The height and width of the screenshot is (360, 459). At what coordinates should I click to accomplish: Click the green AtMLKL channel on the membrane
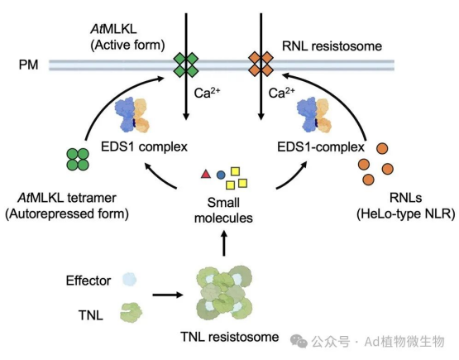coord(186,65)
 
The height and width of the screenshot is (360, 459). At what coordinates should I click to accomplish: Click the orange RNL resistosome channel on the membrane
coord(261,64)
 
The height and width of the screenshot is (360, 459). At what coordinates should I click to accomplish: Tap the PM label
coord(28,65)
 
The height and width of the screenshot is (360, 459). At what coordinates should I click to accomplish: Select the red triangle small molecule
coord(206,174)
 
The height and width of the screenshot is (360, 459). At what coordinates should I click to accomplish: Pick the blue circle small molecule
coord(221,175)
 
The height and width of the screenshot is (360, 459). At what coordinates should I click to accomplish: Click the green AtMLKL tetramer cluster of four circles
coord(78,160)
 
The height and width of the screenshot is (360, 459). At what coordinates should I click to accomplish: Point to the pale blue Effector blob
coord(129,280)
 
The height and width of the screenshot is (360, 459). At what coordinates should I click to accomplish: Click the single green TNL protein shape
coord(131,313)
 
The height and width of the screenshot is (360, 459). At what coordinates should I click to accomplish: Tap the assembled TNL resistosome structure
coord(224,293)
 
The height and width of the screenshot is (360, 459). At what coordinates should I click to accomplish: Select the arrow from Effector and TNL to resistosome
coord(168,295)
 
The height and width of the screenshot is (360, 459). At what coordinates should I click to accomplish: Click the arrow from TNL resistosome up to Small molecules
coord(224,243)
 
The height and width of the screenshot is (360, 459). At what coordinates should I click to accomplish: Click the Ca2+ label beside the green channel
coord(207,92)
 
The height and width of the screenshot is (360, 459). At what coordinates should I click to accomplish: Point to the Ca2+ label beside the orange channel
coord(282,92)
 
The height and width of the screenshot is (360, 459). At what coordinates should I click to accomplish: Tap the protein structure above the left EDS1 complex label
coord(132,115)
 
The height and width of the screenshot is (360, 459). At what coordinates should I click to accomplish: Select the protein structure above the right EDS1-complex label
coord(314,115)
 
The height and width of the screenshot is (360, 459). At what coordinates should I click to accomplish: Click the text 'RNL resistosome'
coord(332,46)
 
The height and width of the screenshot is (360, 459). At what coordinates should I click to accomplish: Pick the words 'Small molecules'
coord(223,210)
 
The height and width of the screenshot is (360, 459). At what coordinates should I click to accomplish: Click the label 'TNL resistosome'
coord(230,337)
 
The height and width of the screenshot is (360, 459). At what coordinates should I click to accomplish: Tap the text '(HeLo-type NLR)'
coord(406,214)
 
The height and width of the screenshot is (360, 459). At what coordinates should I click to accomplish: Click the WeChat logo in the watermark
coord(299,342)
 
